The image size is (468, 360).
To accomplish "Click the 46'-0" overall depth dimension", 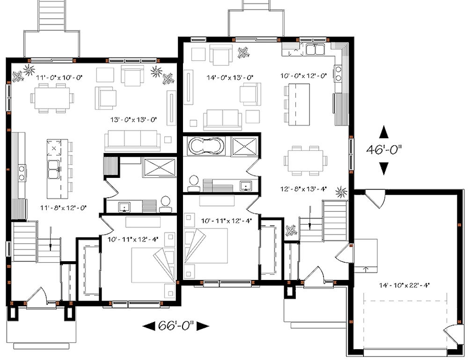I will click(x=384, y=150).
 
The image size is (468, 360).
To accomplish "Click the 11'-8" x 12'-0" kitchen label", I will click(x=63, y=206).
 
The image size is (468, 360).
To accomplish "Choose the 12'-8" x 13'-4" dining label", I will click(x=304, y=189).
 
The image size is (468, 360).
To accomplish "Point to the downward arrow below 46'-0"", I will click(x=384, y=168).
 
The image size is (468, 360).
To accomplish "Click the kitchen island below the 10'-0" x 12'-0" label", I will click(x=299, y=103).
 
